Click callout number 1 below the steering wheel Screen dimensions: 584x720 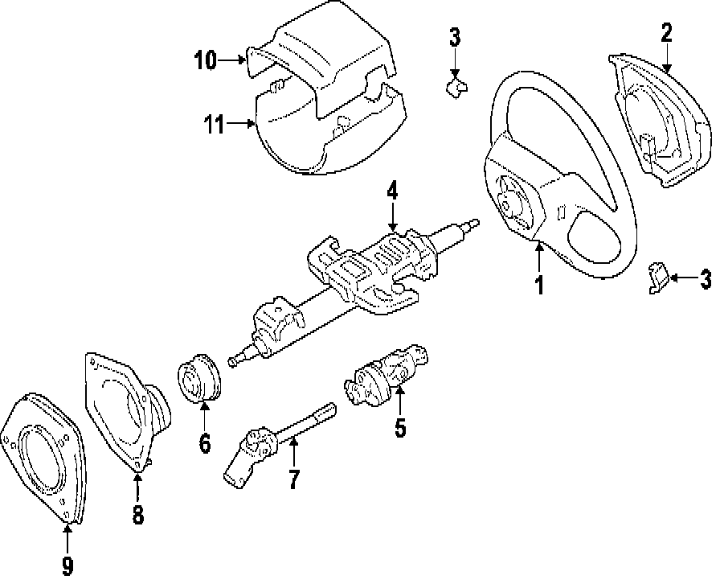(539, 284)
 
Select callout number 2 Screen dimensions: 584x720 (666, 32)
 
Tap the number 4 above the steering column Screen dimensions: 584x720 (392, 191)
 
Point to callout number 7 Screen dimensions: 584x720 (293, 479)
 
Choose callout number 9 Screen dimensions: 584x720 (67, 565)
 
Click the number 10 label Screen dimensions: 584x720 (205, 60)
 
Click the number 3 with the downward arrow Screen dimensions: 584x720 (455, 36)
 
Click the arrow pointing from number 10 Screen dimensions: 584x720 (235, 59)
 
